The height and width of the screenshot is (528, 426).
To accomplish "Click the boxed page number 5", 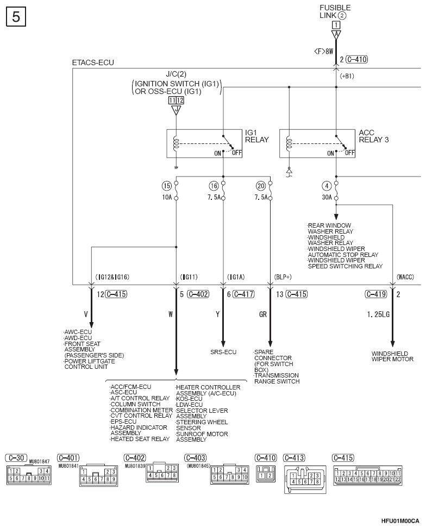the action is click(16, 16).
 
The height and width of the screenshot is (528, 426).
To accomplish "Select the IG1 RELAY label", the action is click(256, 136).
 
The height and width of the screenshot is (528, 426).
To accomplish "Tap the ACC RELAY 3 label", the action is click(373, 136).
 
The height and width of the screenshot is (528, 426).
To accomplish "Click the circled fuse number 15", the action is click(167, 186).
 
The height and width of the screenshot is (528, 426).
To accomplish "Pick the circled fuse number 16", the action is click(214, 186).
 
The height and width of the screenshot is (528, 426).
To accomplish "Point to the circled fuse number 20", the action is click(261, 186).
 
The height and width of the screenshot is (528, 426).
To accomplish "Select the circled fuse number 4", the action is click(327, 186).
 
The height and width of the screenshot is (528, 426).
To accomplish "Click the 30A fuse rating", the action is click(327, 197).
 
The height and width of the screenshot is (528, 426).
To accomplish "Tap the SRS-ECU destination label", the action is click(223, 352).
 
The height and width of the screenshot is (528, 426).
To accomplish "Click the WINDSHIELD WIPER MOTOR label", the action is click(392, 356).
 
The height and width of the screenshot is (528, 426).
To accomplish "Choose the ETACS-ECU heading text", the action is click(93, 62).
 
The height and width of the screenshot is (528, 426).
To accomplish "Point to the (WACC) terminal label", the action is click(405, 277).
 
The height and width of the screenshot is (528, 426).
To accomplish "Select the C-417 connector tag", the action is click(243, 294).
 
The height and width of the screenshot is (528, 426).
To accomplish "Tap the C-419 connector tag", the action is click(376, 294).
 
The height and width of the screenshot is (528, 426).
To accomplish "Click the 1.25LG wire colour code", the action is click(378, 315).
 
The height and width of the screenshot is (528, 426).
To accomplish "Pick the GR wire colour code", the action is click(263, 315).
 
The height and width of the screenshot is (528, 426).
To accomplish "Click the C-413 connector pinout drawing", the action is click(305, 480).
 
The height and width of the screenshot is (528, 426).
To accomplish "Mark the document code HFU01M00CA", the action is click(400, 521).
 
